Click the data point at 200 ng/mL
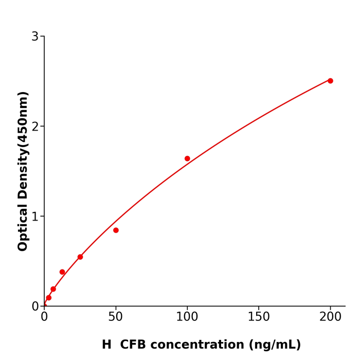click(x=330, y=81)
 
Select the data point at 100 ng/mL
click(x=187, y=158)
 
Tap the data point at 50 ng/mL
click(x=116, y=230)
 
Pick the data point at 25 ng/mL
click(x=80, y=257)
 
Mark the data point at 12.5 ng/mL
click(x=62, y=272)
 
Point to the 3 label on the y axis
click(x=35, y=37)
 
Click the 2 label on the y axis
click(x=35, y=127)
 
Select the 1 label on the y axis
click(x=35, y=217)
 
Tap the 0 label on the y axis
click(x=35, y=307)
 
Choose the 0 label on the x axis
click(x=44, y=317)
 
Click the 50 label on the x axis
click(x=116, y=317)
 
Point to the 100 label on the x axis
click(x=187, y=317)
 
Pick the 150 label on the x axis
click(x=259, y=317)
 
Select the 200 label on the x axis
click(x=330, y=317)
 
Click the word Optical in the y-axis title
click(x=23, y=228)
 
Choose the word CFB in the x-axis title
click(x=136, y=345)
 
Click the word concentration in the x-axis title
click(x=203, y=345)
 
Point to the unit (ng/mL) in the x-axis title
click(x=275, y=345)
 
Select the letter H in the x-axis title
click(x=106, y=345)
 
